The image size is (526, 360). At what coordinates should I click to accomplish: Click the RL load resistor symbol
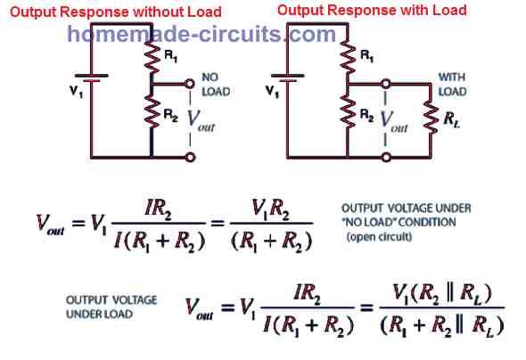coord(431,117)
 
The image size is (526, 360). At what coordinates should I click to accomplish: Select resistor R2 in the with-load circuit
coord(348,112)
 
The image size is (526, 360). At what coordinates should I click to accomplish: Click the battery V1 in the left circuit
coord(91,78)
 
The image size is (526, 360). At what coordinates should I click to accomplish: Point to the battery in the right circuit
coord(287,78)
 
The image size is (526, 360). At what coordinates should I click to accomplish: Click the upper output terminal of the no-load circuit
coord(190,84)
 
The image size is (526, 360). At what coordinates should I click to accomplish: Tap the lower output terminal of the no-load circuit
coord(190,157)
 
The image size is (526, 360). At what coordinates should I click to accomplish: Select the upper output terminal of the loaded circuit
coord(386,84)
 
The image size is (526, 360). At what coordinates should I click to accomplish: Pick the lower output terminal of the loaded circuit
coord(386,157)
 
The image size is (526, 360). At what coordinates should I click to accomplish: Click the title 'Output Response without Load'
coord(116,12)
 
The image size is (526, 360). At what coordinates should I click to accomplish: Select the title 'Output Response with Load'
coord(372,10)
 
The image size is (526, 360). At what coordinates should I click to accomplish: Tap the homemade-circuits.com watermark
coord(201,34)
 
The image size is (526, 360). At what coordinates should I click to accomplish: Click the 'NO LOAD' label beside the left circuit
coord(216,85)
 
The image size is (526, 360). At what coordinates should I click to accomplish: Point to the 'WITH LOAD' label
coord(453,85)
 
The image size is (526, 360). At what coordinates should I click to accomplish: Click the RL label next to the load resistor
coord(451,119)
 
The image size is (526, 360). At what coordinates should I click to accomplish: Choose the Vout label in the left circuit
coord(201,120)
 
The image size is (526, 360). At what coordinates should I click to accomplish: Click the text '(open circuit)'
coord(379,237)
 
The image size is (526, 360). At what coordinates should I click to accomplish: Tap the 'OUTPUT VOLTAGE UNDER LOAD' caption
coord(111,307)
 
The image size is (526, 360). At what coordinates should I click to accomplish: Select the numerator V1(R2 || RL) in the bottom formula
coord(442,294)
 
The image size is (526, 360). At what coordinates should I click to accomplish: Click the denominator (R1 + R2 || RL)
coord(442,325)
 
